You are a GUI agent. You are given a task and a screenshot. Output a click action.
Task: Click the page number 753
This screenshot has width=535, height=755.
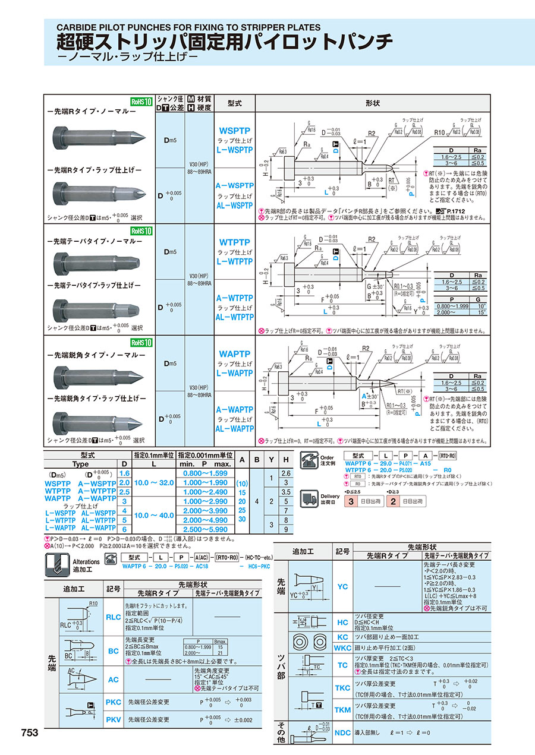(x=29, y=733)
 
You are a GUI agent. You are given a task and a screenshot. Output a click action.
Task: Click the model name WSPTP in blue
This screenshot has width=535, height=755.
(x=234, y=130)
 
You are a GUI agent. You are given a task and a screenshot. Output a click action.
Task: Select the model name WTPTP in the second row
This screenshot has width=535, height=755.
(x=234, y=243)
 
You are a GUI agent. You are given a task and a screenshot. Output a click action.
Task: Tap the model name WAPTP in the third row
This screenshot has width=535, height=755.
(x=234, y=355)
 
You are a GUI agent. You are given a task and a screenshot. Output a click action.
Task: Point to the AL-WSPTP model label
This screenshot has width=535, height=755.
(x=234, y=205)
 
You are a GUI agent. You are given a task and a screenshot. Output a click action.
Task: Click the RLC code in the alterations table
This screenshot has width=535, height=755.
(x=113, y=617)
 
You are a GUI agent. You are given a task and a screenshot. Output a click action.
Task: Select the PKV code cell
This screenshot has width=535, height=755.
(x=113, y=719)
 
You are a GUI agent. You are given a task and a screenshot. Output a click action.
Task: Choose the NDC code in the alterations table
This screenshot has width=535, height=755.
(x=342, y=732)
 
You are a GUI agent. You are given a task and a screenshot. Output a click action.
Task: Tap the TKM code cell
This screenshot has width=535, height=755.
(x=342, y=710)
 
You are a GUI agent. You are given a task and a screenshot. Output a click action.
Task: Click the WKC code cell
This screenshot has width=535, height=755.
(x=342, y=647)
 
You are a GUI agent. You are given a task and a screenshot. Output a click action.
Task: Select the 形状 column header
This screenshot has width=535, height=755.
(x=373, y=103)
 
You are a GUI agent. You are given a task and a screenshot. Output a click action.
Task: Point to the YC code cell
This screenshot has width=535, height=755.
(x=342, y=586)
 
